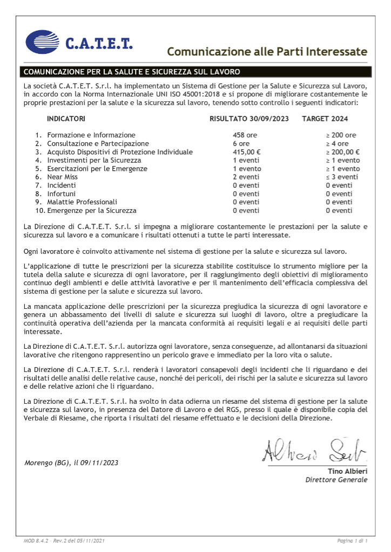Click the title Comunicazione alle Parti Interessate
coord(267,52)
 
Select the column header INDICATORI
coord(66,118)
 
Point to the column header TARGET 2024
coord(325,118)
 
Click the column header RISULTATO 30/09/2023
coord(249,118)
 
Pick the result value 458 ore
coord(245,135)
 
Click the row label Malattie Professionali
coord(82,202)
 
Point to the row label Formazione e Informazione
coord(91,135)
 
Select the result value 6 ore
coord(241,143)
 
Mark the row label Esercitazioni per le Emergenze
coord(97,169)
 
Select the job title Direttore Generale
coord(336,480)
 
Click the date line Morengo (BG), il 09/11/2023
coord(71,463)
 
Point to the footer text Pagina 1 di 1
coord(352,540)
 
